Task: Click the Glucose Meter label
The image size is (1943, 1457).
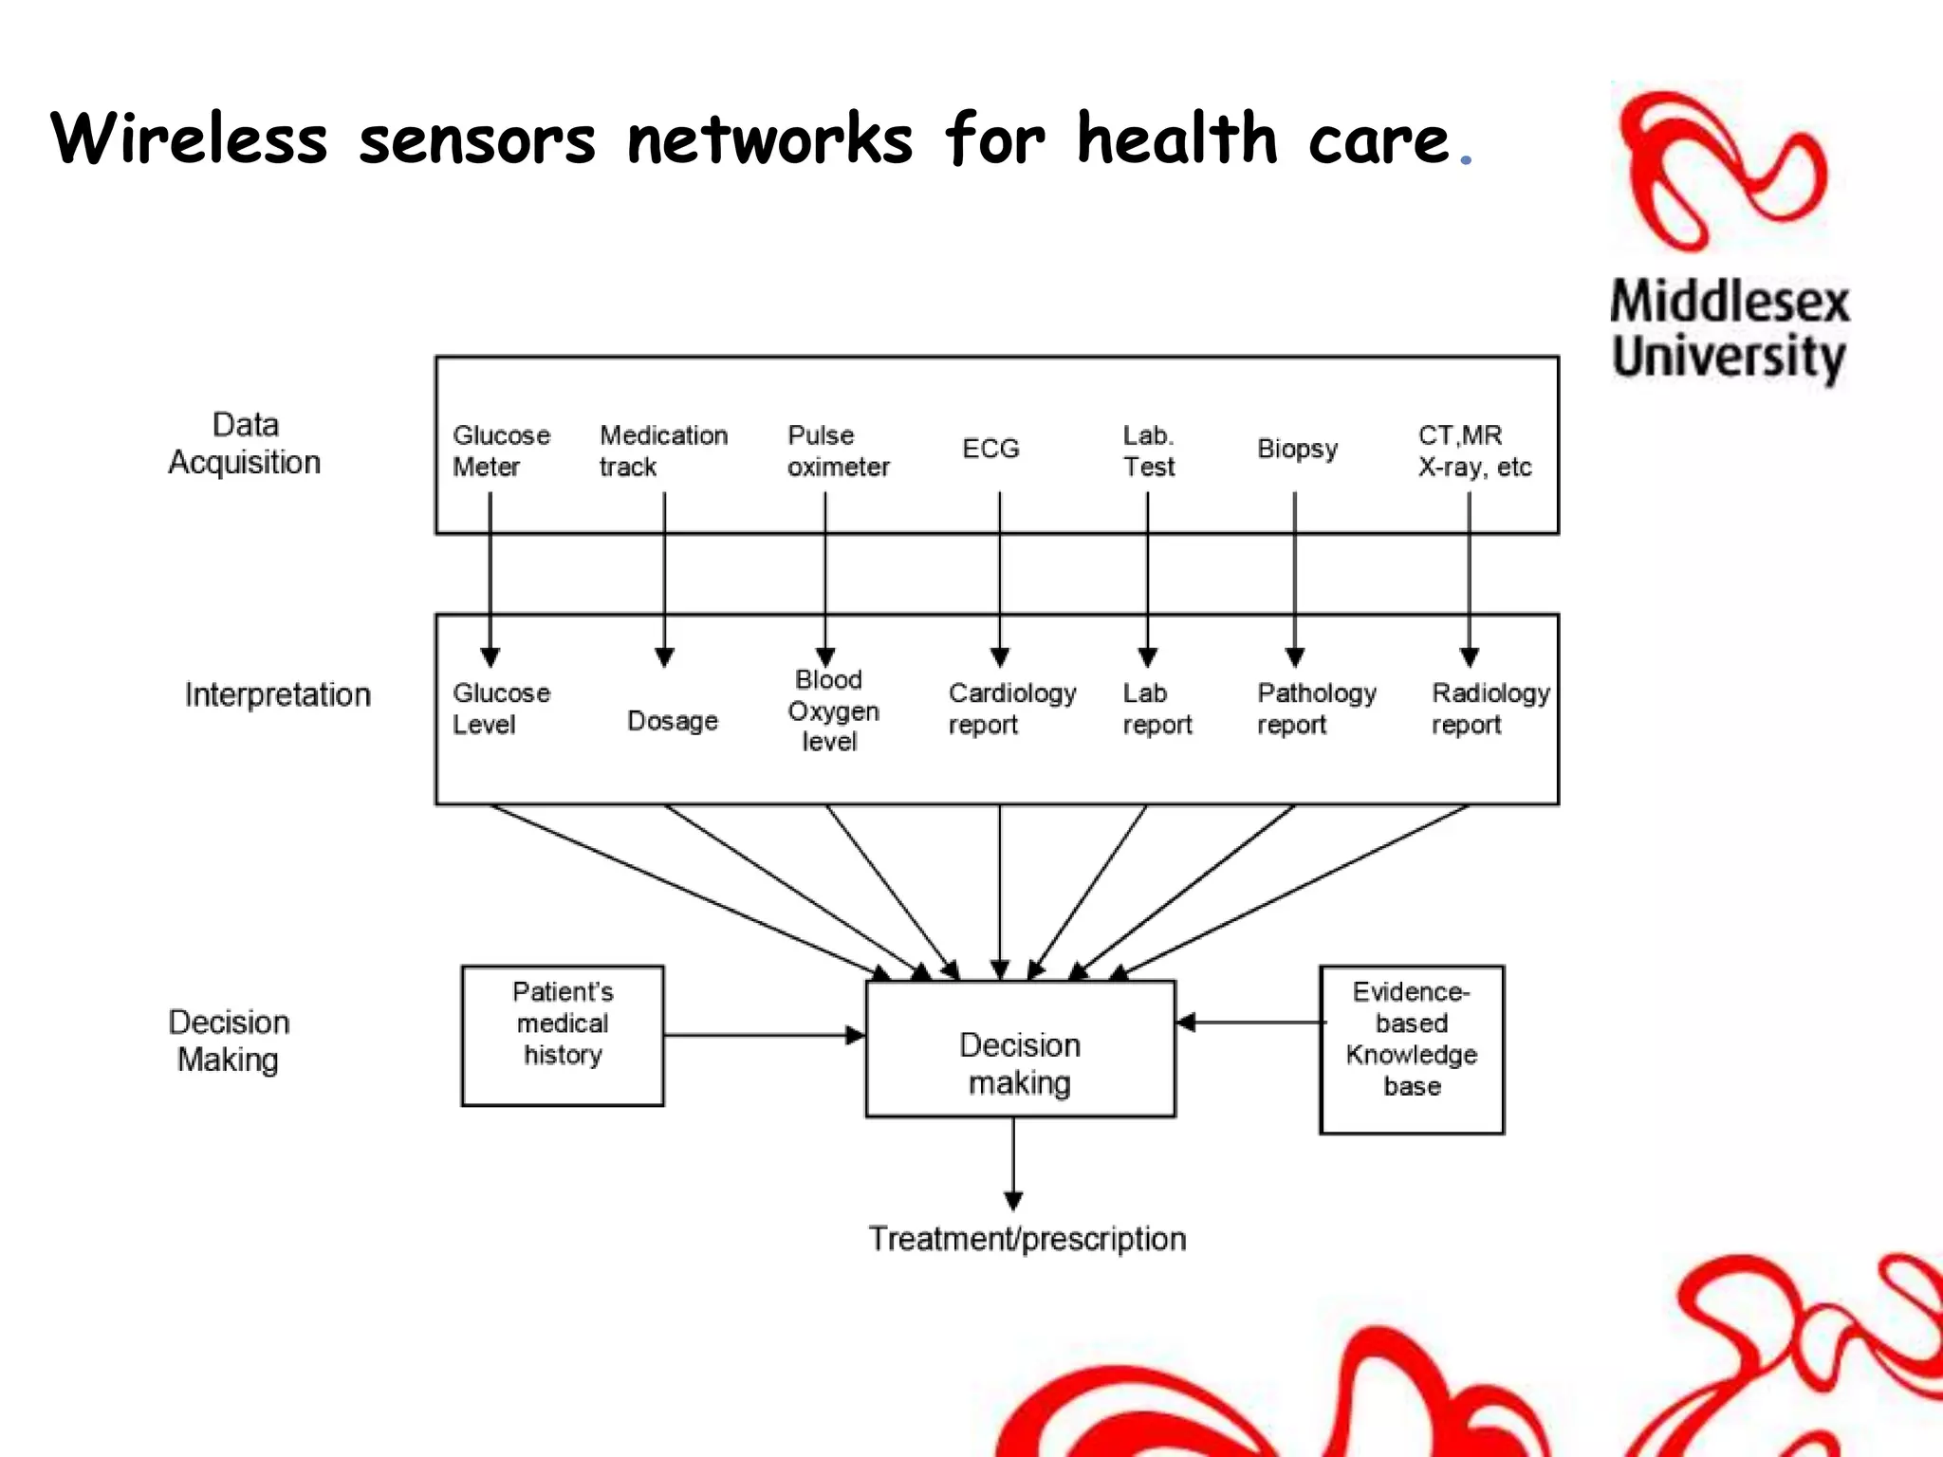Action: tap(501, 451)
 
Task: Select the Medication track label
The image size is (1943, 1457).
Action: tap(663, 451)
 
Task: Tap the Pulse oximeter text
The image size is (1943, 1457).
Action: tap(838, 451)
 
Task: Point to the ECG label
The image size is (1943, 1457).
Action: tap(990, 449)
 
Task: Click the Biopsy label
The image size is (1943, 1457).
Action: tap(1297, 449)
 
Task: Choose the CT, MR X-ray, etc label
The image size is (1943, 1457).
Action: tap(1474, 451)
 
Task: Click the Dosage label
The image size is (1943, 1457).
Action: tap(673, 721)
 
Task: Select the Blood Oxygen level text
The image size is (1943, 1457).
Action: tap(832, 710)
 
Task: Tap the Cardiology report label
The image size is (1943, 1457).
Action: tap(1011, 709)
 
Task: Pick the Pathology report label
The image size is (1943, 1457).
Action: tap(1316, 709)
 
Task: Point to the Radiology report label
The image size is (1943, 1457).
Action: tap(1490, 709)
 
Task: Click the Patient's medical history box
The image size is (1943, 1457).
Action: tap(563, 1036)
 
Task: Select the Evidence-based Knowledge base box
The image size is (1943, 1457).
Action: tap(1412, 1049)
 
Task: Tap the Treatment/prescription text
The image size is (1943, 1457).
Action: tap(1027, 1239)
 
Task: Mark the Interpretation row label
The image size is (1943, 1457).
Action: tap(277, 695)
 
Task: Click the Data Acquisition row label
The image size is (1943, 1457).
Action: tap(245, 444)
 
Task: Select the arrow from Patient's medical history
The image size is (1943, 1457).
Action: tap(764, 1036)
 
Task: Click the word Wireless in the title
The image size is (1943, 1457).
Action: tap(189, 139)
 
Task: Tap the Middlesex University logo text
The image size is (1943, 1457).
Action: tap(1729, 329)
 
